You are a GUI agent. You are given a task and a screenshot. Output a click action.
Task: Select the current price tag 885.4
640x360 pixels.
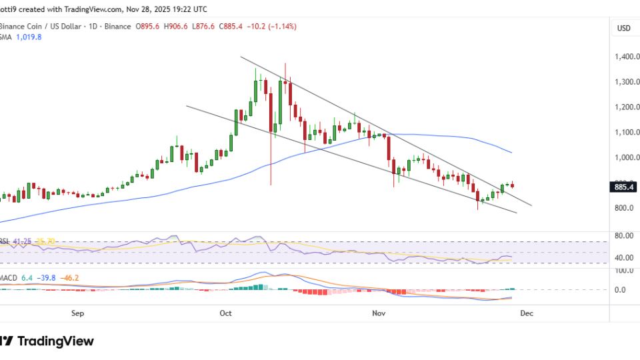pos(623,187)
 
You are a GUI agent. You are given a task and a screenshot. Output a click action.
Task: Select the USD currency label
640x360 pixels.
pos(624,28)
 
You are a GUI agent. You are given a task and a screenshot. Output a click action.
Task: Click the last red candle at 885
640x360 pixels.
pos(512,186)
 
